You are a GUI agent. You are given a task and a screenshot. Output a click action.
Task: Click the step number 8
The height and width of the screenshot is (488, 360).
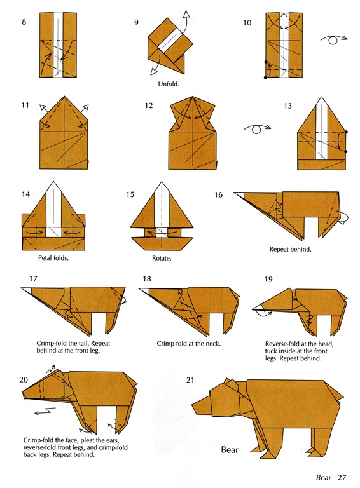[x=24, y=22]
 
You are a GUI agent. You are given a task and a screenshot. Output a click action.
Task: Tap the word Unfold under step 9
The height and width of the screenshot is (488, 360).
[x=168, y=84]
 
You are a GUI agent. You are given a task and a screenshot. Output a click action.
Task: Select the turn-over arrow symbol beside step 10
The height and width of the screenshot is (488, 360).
[x=334, y=39]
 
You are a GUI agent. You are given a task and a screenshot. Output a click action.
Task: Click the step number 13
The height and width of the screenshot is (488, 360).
[x=287, y=106]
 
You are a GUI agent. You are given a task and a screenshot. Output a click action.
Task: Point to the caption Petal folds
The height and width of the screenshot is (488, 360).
[x=53, y=258]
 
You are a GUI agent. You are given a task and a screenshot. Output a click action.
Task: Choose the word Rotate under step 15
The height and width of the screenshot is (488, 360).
[x=162, y=258]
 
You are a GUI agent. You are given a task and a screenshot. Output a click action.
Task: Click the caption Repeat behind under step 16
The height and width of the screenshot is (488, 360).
[x=290, y=249]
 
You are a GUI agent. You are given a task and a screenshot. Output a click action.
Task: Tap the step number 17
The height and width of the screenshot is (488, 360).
[x=33, y=278]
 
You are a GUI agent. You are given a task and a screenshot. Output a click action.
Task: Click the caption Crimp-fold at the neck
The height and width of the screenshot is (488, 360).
[x=189, y=344]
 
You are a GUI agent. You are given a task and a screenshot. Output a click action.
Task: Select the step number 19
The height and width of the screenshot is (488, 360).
[x=268, y=279]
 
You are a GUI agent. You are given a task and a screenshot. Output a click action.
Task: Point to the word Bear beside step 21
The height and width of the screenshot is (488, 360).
[x=230, y=450]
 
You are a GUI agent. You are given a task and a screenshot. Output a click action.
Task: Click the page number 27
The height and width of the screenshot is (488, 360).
[x=342, y=477]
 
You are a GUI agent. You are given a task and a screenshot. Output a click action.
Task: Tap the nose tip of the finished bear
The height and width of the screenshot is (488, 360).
[x=192, y=405]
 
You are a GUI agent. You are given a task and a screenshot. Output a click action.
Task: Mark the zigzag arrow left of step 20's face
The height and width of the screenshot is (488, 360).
[x=45, y=412]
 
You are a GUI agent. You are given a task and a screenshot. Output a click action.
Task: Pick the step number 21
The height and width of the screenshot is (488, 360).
[x=190, y=380]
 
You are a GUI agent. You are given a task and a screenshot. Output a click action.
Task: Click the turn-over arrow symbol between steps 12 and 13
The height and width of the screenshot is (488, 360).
[x=257, y=128]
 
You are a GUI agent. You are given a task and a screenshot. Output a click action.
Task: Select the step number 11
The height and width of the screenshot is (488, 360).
[x=25, y=105]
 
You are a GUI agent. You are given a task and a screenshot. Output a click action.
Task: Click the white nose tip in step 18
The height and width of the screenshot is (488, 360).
[x=144, y=290]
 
